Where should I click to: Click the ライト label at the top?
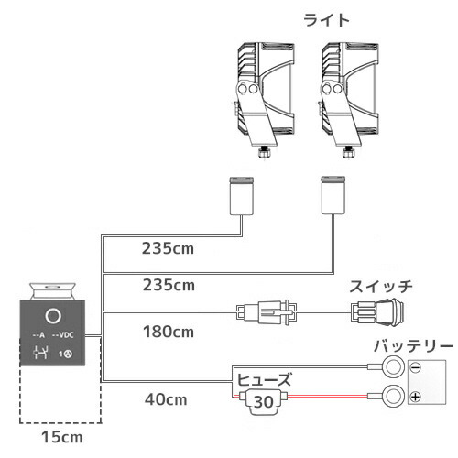(x=326, y=20)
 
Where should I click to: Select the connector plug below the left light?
(x=242, y=195)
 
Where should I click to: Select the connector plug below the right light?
(x=333, y=195)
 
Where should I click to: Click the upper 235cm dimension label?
(x=168, y=248)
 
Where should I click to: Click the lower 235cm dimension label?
(x=169, y=285)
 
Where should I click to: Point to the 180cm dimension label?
(x=169, y=332)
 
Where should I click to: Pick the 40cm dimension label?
(x=166, y=399)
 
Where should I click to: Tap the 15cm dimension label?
(x=62, y=437)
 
